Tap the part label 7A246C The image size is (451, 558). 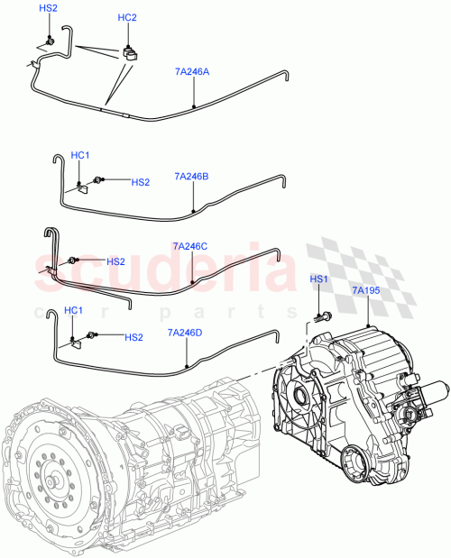[189, 245]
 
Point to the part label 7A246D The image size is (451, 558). [186, 333]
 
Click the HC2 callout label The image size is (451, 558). [128, 18]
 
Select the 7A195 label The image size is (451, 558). [366, 290]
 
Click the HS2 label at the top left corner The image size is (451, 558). [49, 8]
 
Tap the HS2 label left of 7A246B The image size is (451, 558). [140, 182]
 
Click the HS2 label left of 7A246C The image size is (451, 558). [115, 261]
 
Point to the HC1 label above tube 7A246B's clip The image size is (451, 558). [80, 156]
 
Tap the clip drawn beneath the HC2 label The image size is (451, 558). [132, 52]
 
